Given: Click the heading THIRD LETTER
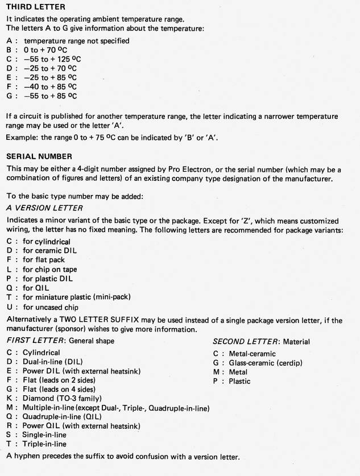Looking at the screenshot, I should click(36, 7).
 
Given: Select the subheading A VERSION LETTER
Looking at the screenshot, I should click(44, 208).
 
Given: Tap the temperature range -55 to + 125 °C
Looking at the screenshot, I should click(52, 59).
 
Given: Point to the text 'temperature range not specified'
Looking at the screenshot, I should click(76, 41).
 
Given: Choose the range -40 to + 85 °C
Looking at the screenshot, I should click(50, 87).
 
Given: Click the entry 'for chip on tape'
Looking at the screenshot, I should click(50, 270).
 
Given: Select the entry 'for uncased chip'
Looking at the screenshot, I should click(51, 307).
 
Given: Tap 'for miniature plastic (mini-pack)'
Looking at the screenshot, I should click(80, 297).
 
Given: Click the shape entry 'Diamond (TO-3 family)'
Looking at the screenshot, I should click(64, 399).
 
